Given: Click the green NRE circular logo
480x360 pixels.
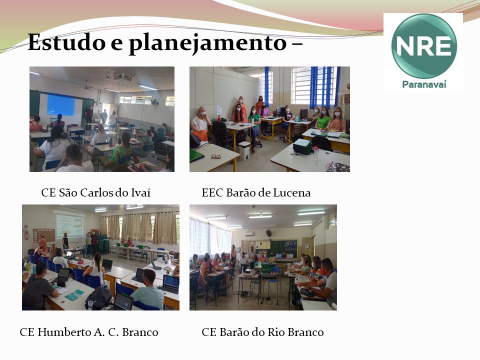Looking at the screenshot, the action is click(424, 46).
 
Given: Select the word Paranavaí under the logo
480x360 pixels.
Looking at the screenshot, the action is click(424, 84).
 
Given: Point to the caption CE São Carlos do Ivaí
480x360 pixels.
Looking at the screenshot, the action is click(96, 192).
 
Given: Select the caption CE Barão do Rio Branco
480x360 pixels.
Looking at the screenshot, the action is click(262, 332).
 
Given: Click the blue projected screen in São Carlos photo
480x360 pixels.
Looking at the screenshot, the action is click(61, 105).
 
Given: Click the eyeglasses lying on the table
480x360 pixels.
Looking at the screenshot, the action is click(216, 156).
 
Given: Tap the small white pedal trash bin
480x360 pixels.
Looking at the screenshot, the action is click(244, 150).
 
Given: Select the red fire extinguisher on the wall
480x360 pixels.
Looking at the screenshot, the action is click(26, 234).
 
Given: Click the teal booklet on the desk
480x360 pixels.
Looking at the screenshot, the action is click(75, 295).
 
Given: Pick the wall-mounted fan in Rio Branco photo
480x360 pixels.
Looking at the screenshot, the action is click(269, 233).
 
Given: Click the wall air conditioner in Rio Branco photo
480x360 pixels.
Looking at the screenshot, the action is click(249, 234).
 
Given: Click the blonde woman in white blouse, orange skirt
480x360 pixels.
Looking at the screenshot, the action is click(200, 124).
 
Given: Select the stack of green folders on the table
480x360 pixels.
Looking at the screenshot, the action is click(302, 146).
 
